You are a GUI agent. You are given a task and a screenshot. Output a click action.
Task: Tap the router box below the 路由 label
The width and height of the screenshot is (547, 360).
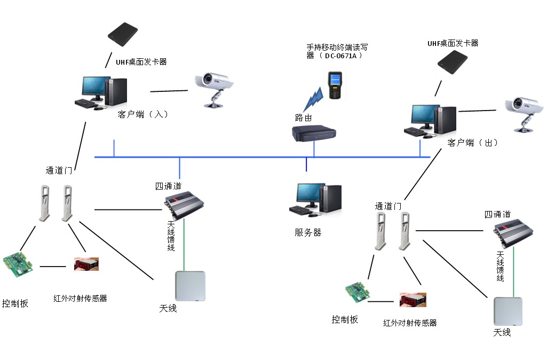pos(315,134)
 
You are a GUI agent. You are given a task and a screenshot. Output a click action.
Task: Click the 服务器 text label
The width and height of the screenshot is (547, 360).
pos(308,232)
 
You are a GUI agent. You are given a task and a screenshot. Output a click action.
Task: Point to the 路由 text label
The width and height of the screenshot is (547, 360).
pos(303,118)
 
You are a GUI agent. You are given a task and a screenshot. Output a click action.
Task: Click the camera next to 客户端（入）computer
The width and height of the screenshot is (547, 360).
pos(215,88)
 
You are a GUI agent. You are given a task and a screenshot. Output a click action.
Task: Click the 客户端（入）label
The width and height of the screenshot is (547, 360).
pos(143,114)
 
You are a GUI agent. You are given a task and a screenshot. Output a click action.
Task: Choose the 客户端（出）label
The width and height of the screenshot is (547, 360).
pos(473,143)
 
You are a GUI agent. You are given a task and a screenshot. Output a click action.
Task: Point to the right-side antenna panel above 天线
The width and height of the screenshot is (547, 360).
pos(508,311)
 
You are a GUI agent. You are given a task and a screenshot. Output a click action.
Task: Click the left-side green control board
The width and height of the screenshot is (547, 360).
pos(18,265)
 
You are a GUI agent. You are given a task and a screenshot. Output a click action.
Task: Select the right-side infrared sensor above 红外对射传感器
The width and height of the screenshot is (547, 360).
pos(413,300)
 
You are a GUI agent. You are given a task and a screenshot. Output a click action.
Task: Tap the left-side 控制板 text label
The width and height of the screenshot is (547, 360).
pos(15,303)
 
